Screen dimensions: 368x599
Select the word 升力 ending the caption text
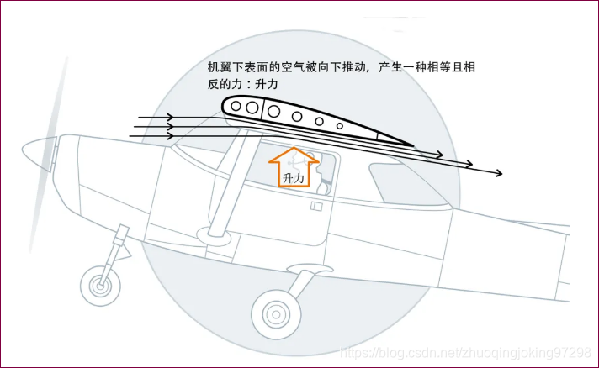click(267, 85)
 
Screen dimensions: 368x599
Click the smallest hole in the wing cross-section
click(339, 125)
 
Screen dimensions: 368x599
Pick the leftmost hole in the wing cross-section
click(235, 106)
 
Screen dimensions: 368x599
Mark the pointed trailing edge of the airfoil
click(411, 145)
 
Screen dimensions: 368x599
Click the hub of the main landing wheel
click(275, 314)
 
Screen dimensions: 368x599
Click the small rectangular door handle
click(317, 206)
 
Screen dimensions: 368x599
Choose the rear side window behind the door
click(391, 178)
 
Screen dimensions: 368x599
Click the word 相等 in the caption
click(448, 67)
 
